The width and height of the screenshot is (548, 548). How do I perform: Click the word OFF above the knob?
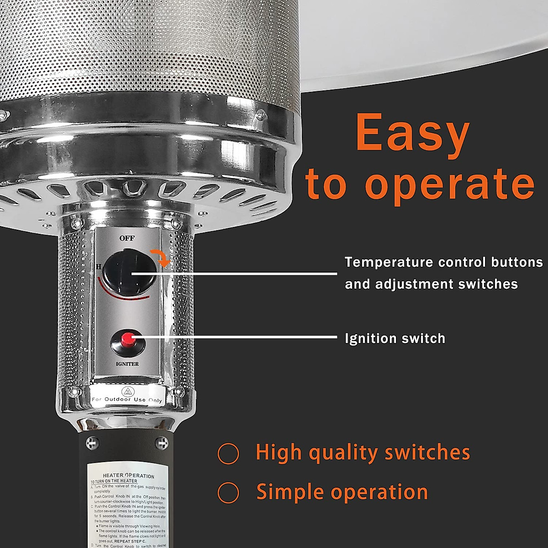[x=127, y=238]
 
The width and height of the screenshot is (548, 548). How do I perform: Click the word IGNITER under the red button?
[x=127, y=364]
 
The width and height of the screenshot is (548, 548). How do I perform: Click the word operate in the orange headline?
[x=450, y=184]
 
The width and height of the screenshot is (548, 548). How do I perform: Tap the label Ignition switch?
[x=395, y=338]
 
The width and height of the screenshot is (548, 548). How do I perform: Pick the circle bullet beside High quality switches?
[x=228, y=453]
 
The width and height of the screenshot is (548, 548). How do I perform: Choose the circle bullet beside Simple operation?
[x=228, y=493]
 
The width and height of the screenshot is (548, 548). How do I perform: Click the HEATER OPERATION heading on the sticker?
[x=128, y=476]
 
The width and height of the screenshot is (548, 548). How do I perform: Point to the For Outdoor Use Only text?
[x=126, y=400]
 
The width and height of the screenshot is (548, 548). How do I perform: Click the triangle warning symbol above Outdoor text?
[x=126, y=391]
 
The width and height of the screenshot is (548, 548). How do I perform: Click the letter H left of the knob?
[x=98, y=266]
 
